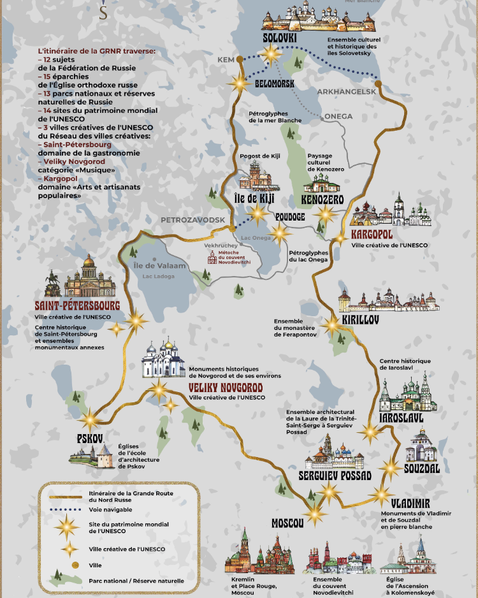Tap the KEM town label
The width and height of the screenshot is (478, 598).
coord(226,60)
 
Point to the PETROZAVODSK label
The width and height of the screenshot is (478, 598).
coord(193,220)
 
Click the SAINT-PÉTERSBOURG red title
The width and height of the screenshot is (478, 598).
coord(78,305)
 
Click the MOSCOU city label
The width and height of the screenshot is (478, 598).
coord(287,523)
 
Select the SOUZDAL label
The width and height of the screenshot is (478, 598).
coord(422,469)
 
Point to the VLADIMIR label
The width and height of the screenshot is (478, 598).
coord(410,503)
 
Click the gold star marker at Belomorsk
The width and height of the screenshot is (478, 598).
coord(240,82)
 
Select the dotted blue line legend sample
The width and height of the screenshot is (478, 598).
coord(64,509)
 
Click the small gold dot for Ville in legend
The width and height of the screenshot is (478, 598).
coord(66,565)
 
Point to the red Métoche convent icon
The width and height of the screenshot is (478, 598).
coord(212,257)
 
